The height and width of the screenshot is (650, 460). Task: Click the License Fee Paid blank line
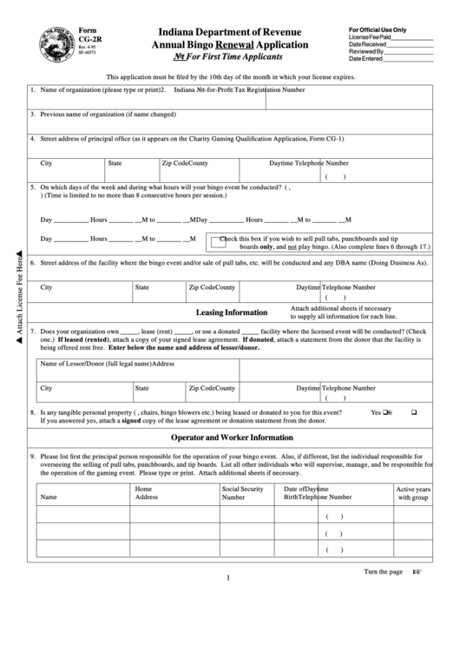pos(412,40)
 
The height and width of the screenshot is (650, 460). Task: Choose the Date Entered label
pos(365,59)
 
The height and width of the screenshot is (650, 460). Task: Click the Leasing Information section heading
pos(231,312)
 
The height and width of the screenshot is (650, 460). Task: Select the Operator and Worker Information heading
pos(231,437)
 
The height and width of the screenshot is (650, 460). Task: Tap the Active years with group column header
pos(413,494)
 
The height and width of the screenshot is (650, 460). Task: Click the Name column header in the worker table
pos(49,497)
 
